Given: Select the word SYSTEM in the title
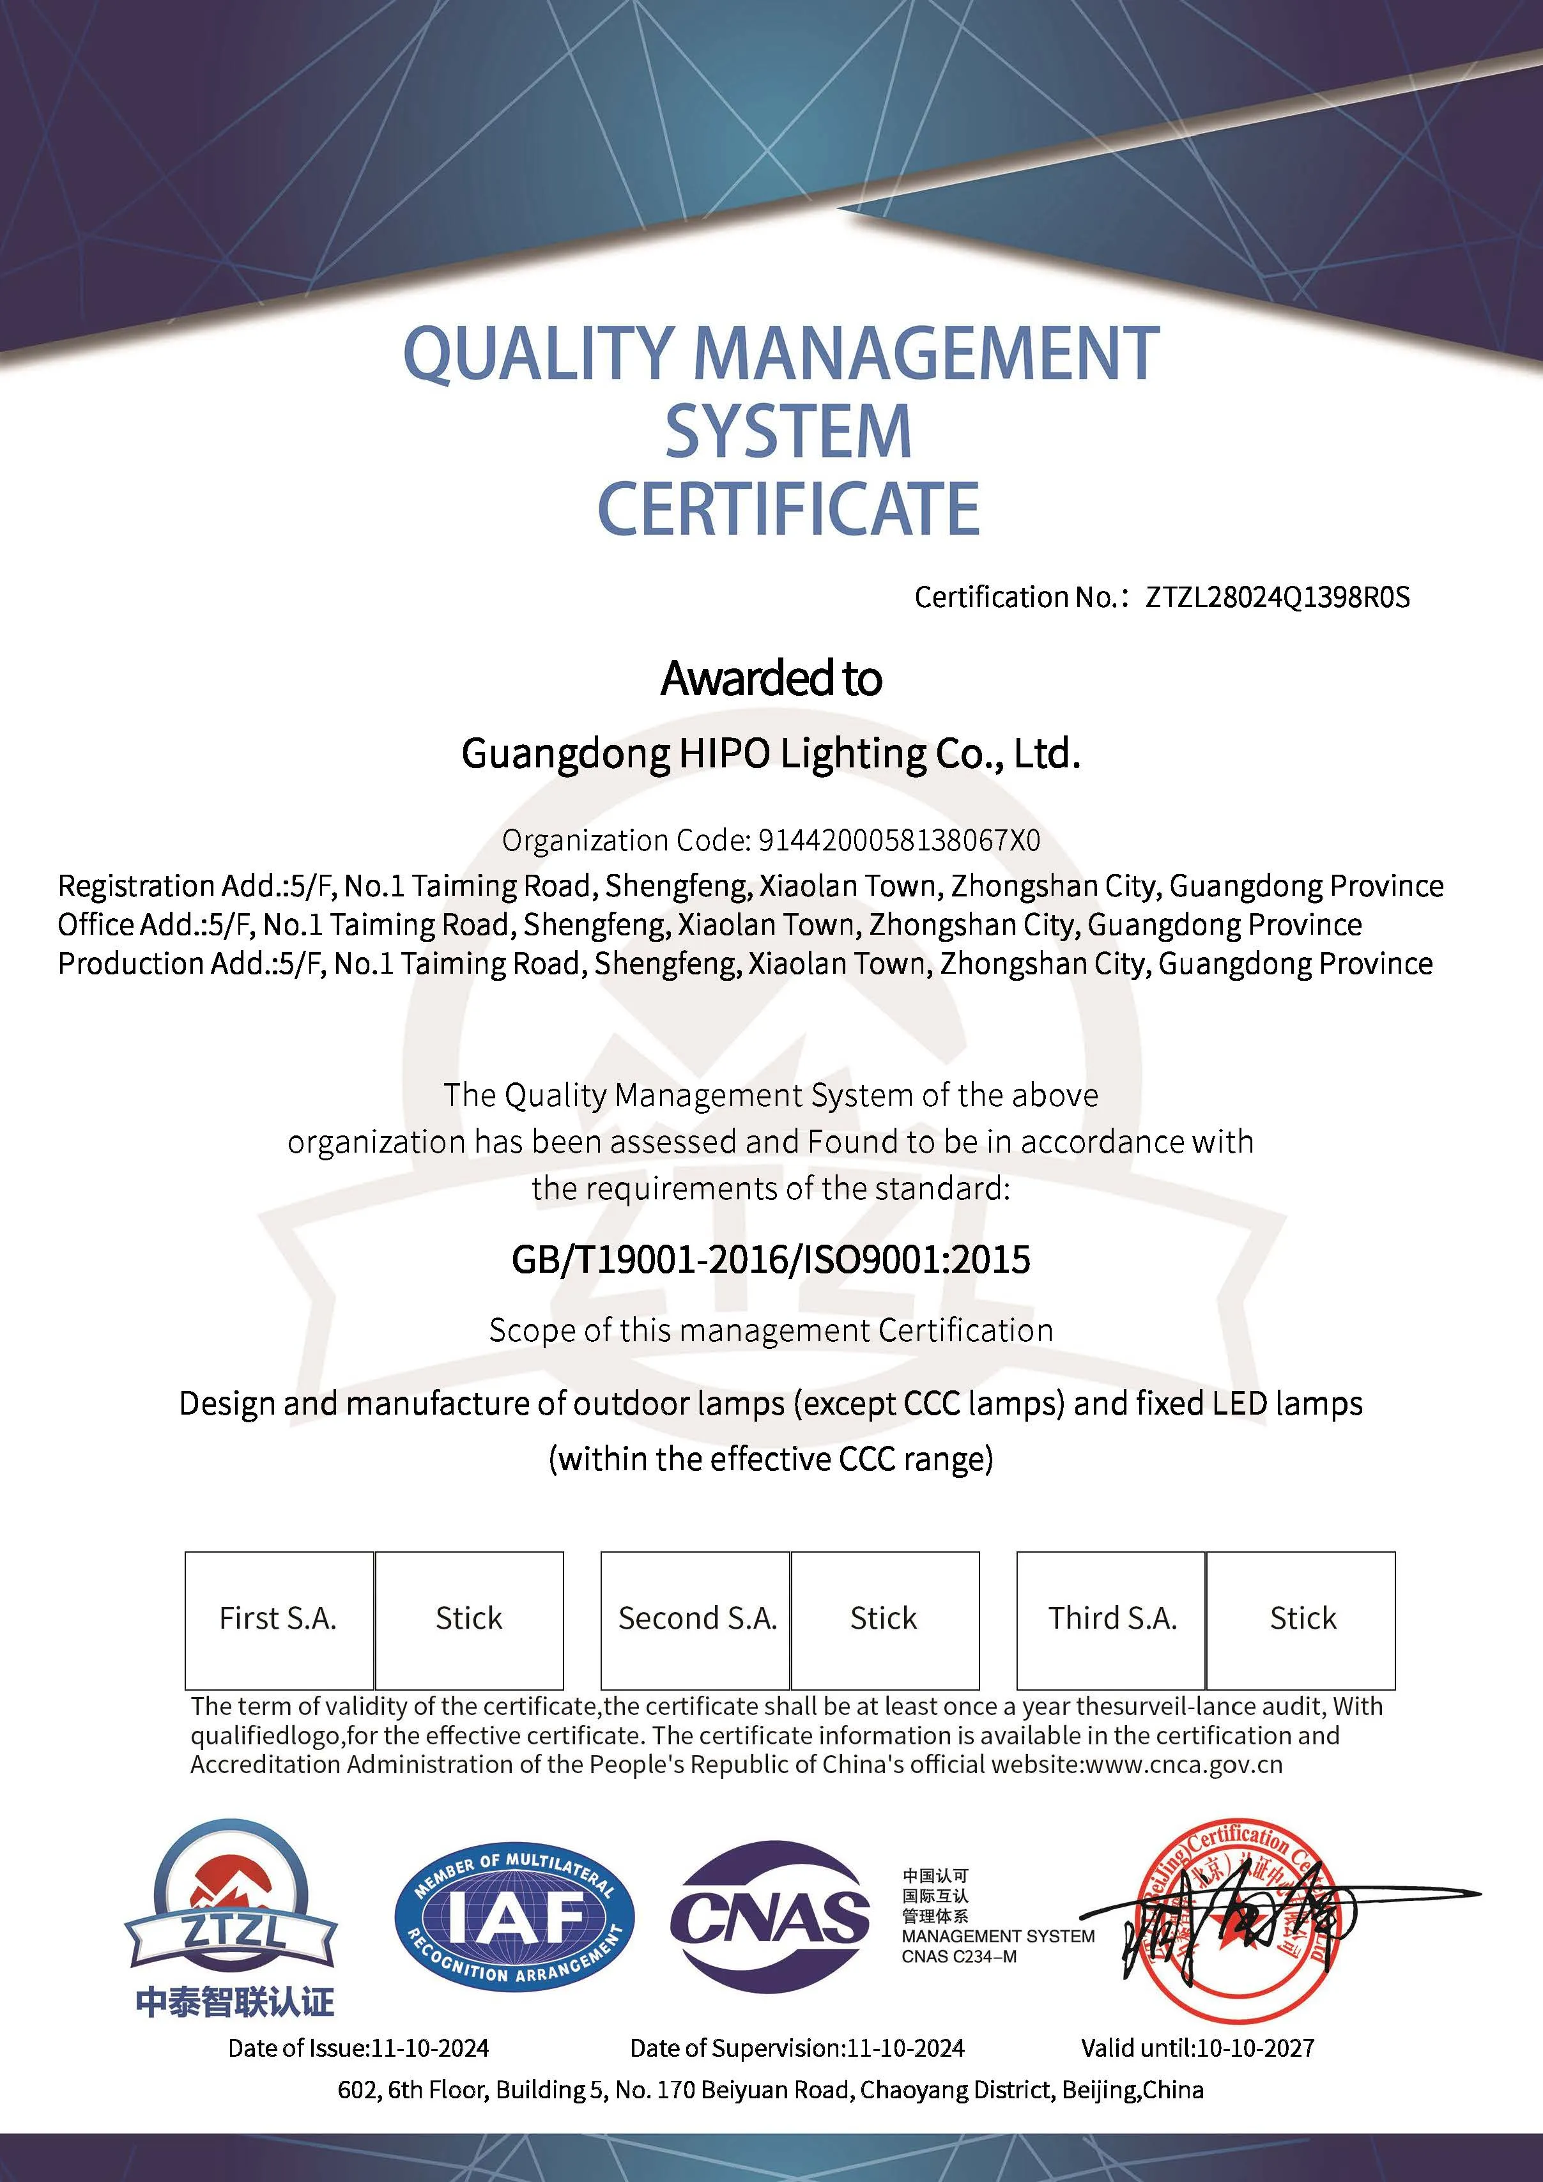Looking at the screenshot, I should pos(788,431).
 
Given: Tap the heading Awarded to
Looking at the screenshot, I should pos(771,679).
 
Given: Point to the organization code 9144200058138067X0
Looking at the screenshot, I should pos(899,840).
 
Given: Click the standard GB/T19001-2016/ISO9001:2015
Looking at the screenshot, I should pos(771,1260).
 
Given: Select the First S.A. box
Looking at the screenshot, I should pos(279,1618).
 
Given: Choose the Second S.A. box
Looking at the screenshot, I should pos(696,1618).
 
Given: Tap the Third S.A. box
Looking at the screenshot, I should pos(1112,1618).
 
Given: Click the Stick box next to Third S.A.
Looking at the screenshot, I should pos(1301,1618).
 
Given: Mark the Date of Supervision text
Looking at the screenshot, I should pos(796,2048).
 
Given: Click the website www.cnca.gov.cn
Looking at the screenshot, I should pos(1182,1765).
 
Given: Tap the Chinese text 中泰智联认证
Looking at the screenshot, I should pos(234,2002).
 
